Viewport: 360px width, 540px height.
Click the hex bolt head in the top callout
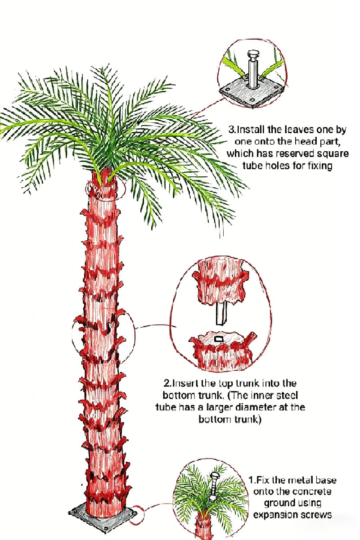point(252,54)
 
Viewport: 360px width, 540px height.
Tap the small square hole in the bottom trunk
point(219,339)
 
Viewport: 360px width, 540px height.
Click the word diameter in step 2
point(256,407)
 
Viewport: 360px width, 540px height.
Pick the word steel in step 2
point(287,395)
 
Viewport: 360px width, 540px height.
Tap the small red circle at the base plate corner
point(136,514)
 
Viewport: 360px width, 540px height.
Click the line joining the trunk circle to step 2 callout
point(156,326)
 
